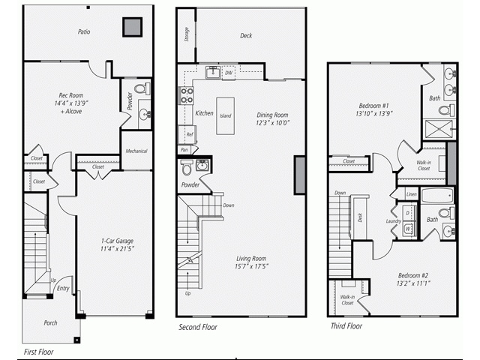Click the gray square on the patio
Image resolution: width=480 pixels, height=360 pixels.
(133, 26)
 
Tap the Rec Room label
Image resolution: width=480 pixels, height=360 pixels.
(70, 94)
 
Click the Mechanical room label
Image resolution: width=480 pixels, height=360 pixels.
(136, 151)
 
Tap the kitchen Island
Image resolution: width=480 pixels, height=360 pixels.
(225, 115)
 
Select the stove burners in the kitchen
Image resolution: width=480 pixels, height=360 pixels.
(185, 95)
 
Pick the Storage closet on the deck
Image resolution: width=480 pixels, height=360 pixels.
(186, 34)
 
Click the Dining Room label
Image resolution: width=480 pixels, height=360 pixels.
(272, 115)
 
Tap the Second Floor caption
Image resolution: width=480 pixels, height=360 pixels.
(199, 328)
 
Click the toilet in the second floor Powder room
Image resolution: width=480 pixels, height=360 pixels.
(187, 169)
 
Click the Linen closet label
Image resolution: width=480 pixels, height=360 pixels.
(411, 194)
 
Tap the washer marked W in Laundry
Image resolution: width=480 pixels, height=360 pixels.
(408, 228)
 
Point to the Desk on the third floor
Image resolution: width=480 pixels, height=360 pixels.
(360, 217)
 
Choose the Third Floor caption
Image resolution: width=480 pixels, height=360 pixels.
(346, 326)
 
